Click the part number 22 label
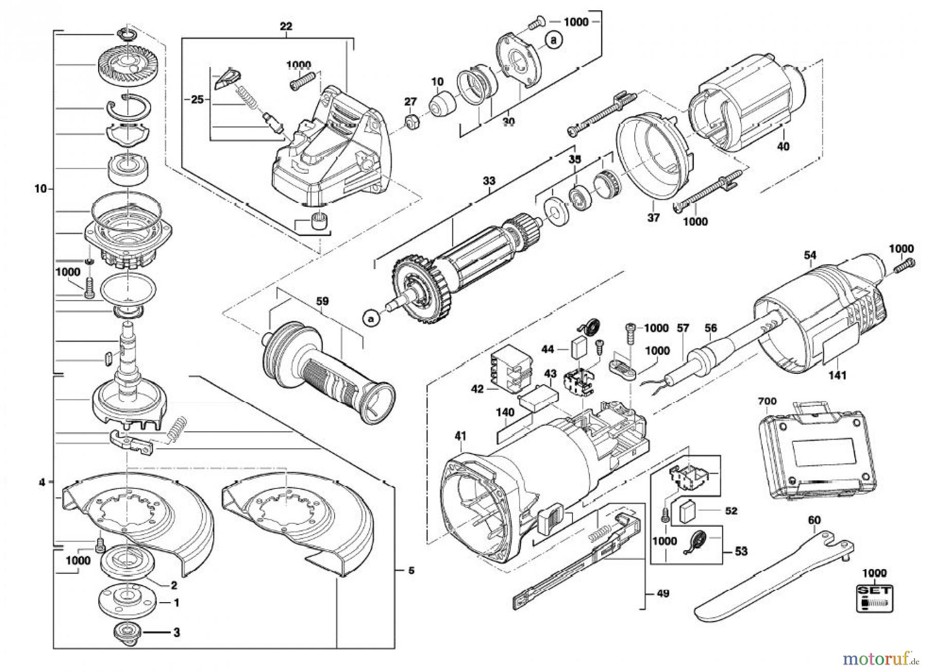[x=286, y=26]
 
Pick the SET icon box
[x=875, y=598]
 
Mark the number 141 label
[x=838, y=375]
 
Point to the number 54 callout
[x=810, y=255]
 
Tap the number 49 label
[x=662, y=593]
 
